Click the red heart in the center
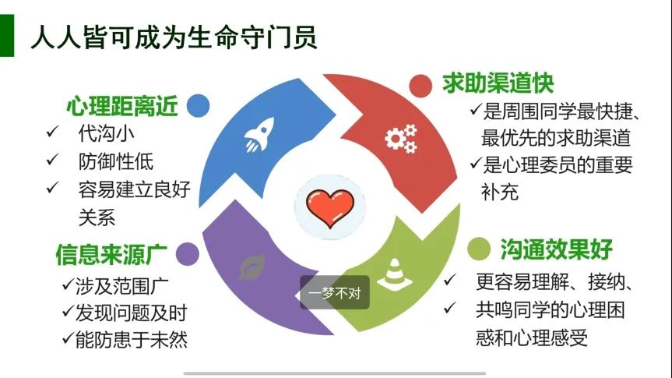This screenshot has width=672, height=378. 330,207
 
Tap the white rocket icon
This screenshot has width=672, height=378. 259,134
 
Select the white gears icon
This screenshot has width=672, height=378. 401,138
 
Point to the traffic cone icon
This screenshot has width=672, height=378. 394,274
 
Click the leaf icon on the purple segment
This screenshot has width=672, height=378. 252,267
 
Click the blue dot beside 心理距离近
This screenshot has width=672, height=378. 198,105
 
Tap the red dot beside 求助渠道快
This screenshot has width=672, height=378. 420,86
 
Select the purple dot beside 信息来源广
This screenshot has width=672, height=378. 188,254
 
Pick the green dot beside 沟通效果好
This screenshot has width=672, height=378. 479,249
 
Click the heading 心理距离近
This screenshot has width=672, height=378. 122,106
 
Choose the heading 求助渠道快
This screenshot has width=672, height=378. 498,83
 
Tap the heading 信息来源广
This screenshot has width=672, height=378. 111,254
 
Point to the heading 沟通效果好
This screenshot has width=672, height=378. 556,249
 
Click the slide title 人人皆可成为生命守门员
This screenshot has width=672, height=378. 174,37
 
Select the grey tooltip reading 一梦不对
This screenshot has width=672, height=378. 334,292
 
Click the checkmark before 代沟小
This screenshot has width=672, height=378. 52,132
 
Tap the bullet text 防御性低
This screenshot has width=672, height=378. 116,161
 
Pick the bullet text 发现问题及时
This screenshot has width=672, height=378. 131,313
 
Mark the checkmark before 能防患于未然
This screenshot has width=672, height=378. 68,338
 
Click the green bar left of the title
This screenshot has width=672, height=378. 7,36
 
